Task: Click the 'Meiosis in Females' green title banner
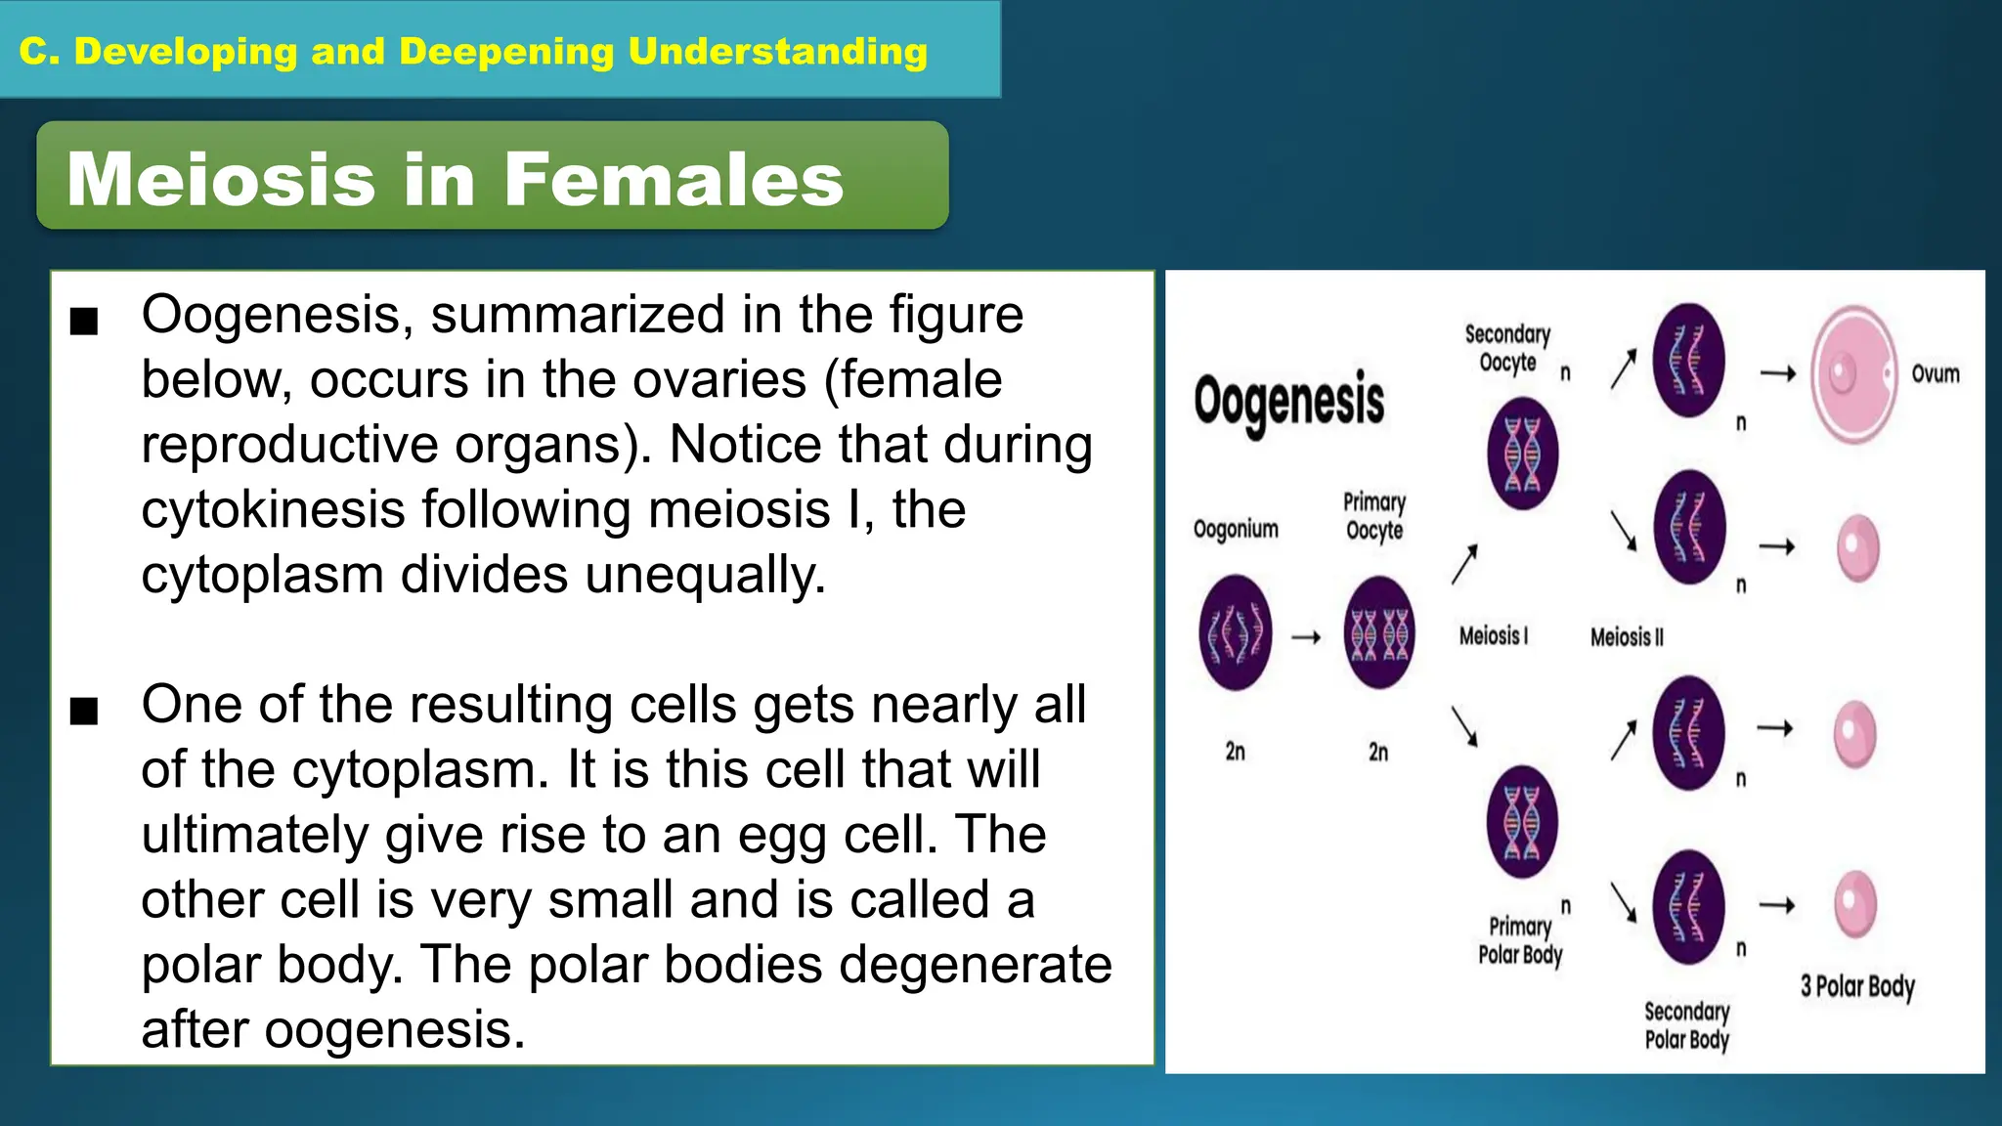coord(492,176)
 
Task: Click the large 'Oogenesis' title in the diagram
coord(1288,401)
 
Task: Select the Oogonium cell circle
coord(1236,632)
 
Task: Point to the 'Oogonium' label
coord(1236,529)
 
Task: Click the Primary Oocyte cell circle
coord(1378,632)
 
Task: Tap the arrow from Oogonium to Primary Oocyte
coord(1306,637)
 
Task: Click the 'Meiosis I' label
coord(1493,636)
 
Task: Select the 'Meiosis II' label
coord(1627,637)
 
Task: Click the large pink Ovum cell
coord(1853,374)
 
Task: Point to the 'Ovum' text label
coord(1936,374)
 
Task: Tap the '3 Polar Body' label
coord(1857,985)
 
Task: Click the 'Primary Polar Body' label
coord(1520,940)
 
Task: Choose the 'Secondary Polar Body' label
coord(1687,1025)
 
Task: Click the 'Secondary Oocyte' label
coord(1507,349)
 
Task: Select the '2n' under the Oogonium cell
coord(1236,751)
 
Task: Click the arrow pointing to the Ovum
coord(1777,372)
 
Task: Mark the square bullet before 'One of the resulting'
coord(85,711)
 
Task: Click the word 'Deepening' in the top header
coord(506,51)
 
